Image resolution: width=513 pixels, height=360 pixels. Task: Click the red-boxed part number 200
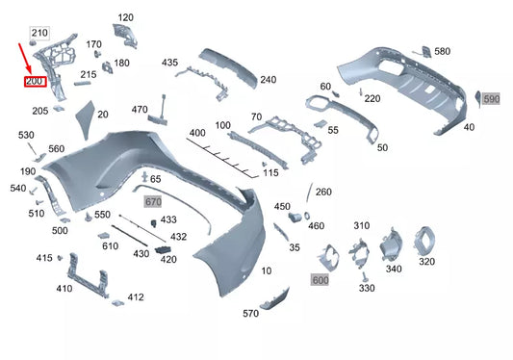point(36,82)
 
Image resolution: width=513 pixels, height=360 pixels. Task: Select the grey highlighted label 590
point(491,99)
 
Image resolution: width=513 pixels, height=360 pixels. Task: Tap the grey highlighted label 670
point(153,202)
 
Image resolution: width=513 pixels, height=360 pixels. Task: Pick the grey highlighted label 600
point(321,279)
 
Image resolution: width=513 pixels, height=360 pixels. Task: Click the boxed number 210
point(38,34)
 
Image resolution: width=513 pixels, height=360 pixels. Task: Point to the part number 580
point(442,51)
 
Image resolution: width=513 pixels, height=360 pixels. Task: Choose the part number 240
point(268,80)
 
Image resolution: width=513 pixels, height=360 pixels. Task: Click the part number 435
point(169,63)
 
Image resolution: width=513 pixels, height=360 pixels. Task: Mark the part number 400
point(197,132)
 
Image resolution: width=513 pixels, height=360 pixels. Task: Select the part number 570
point(250,314)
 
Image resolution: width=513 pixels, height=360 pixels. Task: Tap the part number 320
point(426,262)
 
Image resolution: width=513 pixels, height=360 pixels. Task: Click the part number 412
point(136,297)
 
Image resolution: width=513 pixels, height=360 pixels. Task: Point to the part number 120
point(126,17)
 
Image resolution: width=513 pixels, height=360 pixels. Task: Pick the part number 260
point(323,192)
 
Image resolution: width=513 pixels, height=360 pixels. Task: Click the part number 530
point(26,137)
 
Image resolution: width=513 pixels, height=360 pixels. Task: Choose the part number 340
point(394,269)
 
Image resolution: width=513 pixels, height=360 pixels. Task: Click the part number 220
point(372,98)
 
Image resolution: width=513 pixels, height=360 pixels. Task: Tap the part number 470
point(140,110)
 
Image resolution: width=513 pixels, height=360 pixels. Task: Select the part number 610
point(110,246)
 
